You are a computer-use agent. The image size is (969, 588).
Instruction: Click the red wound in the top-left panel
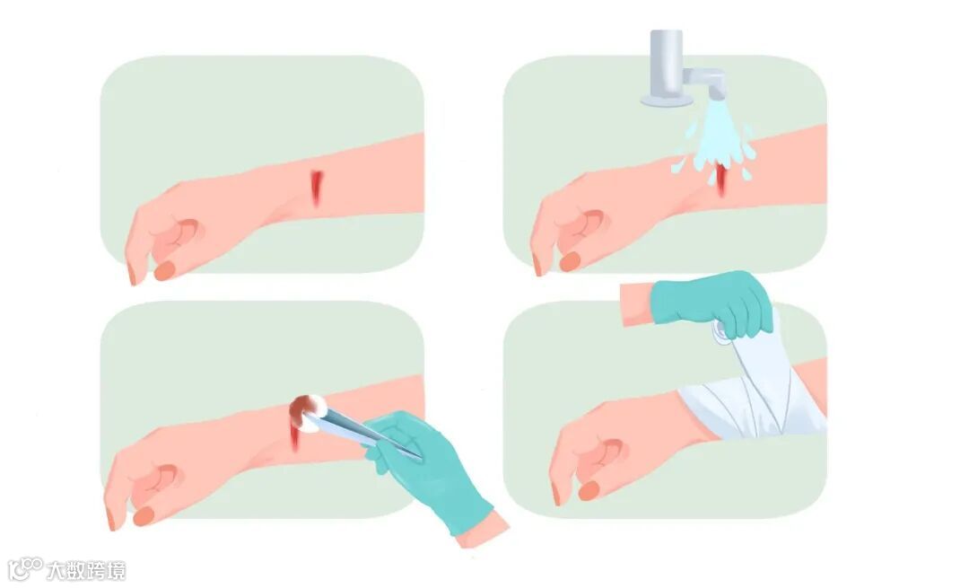coord(317,188)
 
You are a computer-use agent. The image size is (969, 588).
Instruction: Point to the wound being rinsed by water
coord(720,180)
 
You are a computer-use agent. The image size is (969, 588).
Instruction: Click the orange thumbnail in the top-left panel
coord(165,271)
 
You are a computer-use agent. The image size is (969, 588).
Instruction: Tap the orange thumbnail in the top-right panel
coord(570,261)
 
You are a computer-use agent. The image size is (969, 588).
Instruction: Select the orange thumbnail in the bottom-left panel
coord(144,516)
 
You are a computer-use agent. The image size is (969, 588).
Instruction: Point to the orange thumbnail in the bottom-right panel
coord(589,491)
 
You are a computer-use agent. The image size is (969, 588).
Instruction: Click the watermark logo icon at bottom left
coord(25,568)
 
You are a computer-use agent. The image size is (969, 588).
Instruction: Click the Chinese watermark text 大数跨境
coord(86,570)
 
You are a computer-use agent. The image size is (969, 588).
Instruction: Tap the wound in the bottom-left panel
coord(296,435)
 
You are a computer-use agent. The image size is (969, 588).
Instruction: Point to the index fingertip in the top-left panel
coord(131,275)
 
